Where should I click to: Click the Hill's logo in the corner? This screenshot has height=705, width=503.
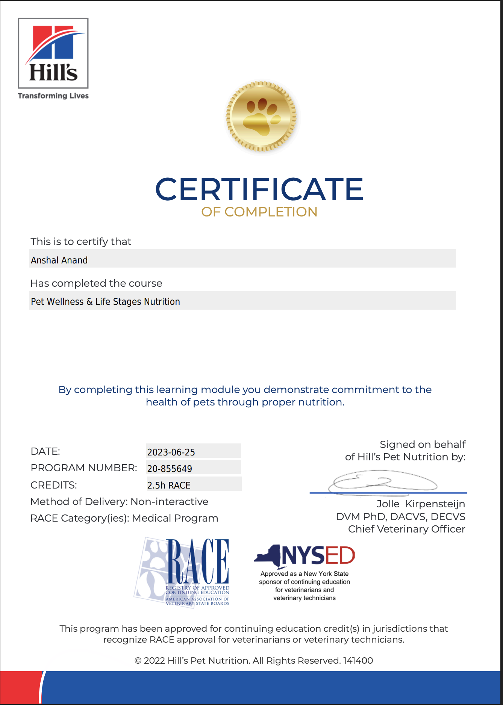click(53, 53)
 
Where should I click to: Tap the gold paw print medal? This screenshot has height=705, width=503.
click(261, 116)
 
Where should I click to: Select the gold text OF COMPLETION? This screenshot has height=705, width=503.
click(259, 212)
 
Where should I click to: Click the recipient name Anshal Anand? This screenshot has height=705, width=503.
click(59, 260)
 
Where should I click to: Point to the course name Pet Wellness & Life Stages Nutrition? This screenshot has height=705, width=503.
click(105, 301)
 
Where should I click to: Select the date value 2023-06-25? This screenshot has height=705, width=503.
click(171, 452)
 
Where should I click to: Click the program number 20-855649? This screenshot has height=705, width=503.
click(170, 469)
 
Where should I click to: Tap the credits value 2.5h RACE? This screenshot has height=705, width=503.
click(169, 485)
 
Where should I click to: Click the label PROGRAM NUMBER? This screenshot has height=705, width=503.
click(84, 468)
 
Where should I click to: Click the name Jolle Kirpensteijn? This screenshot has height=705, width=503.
click(421, 504)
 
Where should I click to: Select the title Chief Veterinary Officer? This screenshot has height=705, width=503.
click(406, 529)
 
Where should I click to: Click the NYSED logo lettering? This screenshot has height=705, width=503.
click(318, 555)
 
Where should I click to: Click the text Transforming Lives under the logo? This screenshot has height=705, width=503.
click(53, 96)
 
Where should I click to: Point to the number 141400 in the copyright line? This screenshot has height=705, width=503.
click(358, 661)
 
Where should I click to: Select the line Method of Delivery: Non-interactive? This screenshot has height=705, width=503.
click(119, 502)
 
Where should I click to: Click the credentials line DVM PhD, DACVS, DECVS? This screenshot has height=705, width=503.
click(400, 517)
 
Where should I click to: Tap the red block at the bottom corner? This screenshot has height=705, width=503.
click(20, 688)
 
